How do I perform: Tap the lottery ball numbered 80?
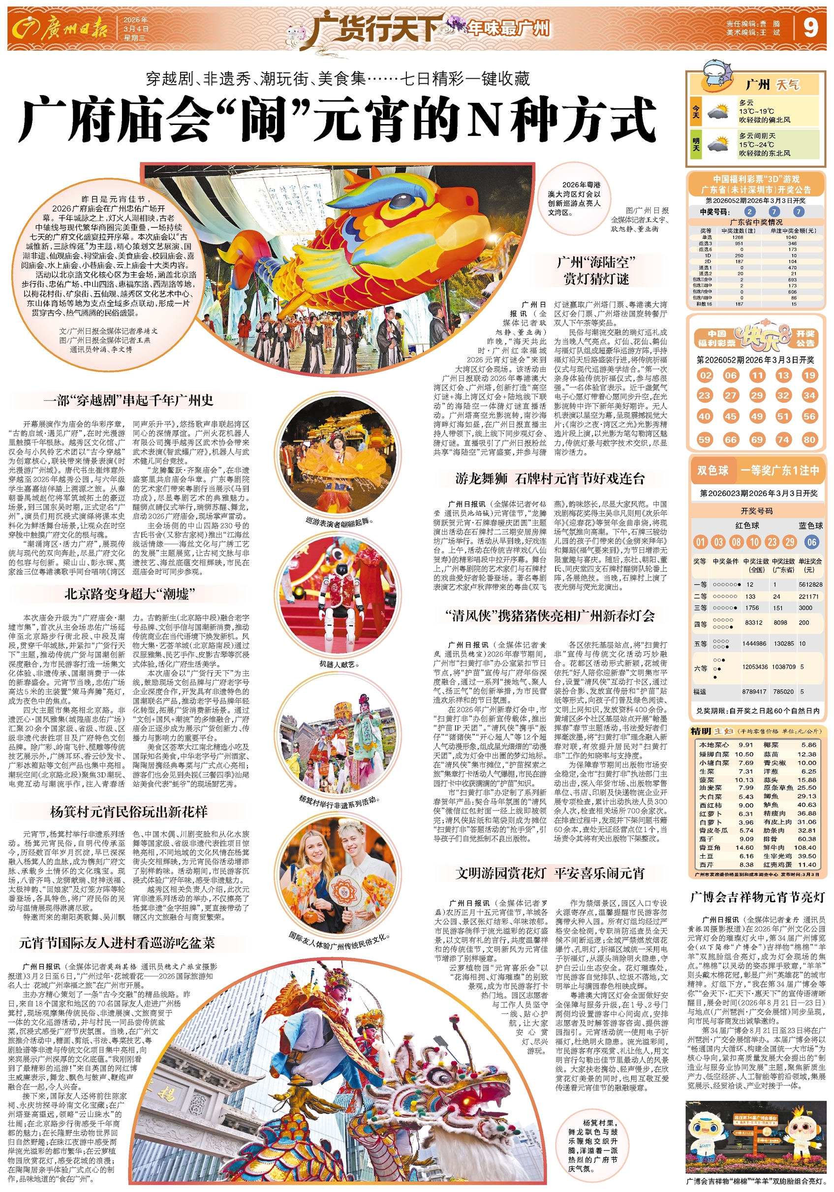(x=809, y=439)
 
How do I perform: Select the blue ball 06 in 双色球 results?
(x=811, y=542)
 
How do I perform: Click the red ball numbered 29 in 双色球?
(x=789, y=542)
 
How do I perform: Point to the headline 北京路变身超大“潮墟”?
(x=130, y=594)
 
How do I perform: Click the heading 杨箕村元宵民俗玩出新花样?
(x=128, y=812)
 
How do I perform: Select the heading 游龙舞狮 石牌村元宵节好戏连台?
(x=550, y=478)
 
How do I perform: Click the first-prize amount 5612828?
(x=810, y=584)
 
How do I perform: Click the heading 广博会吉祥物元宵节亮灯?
(x=757, y=897)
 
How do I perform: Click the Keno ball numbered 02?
(x=705, y=376)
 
